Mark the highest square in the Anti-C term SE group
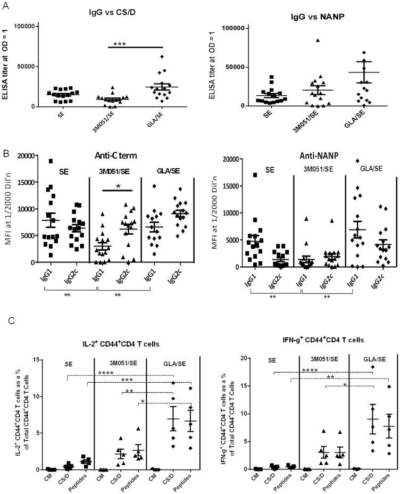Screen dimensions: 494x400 51,161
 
